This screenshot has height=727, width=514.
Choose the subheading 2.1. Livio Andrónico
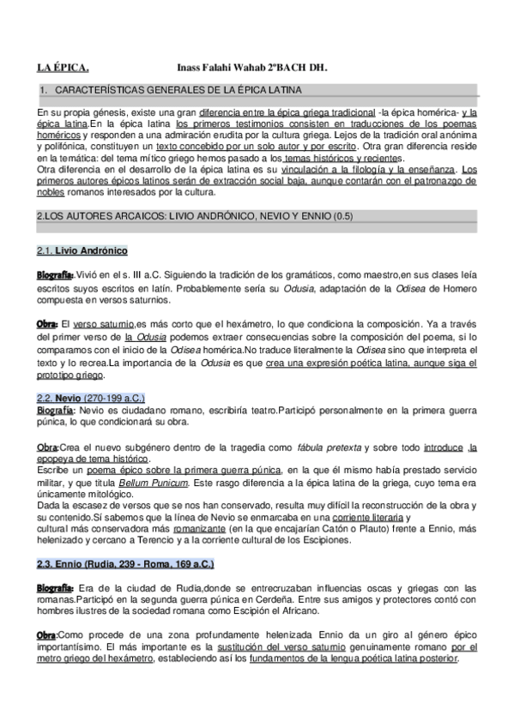82,250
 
